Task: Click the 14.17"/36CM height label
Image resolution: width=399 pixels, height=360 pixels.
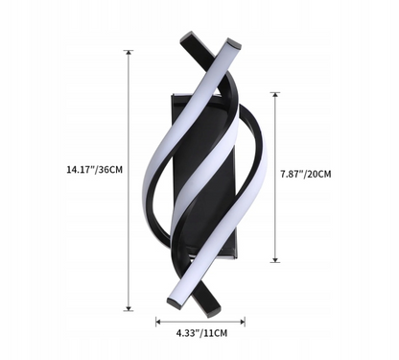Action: click(94, 169)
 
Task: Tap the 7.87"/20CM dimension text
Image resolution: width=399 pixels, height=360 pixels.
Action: click(306, 174)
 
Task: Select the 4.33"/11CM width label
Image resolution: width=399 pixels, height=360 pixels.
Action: click(201, 333)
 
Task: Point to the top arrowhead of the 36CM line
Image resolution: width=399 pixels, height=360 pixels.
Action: click(129, 53)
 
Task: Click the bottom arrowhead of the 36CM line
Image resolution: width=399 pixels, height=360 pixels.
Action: click(129, 308)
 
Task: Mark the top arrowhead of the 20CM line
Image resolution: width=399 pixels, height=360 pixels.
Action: click(275, 95)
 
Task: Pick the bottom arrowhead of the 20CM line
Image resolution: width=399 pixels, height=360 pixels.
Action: click(275, 260)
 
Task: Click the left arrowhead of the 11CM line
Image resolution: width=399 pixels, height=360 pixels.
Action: click(158, 322)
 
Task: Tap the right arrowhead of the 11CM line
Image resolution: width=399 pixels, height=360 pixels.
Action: click(243, 322)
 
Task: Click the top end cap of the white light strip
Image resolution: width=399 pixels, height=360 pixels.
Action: click(234, 43)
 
